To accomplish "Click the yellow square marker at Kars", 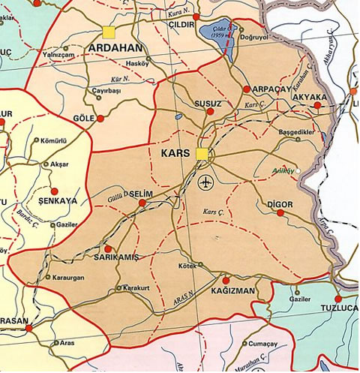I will click(x=201, y=155).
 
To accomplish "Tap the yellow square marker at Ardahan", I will click(x=109, y=32).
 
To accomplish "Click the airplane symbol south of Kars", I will click(x=207, y=182).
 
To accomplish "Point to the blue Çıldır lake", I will click(x=216, y=36).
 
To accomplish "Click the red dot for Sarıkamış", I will click(x=108, y=248).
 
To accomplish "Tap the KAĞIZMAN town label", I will click(x=233, y=290).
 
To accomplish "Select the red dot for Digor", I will click(x=280, y=213).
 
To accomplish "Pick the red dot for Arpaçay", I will click(x=247, y=89).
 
